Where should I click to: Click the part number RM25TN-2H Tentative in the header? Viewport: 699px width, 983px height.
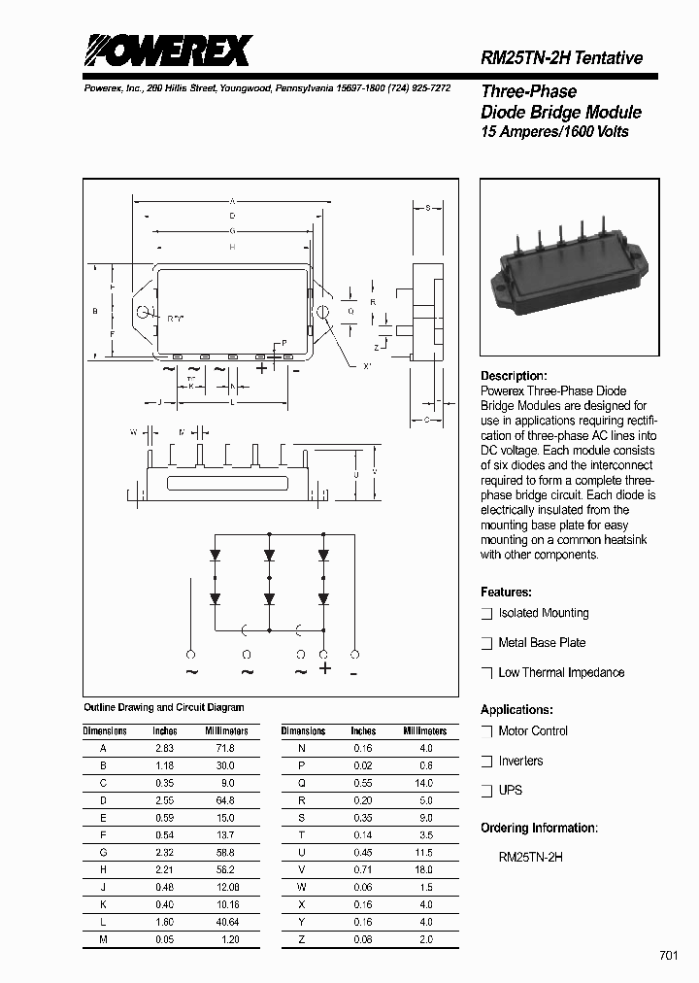click(561, 58)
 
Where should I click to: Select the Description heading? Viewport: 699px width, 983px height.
click(514, 376)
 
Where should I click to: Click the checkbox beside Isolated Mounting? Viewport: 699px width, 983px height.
click(487, 614)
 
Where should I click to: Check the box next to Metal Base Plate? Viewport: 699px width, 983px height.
click(487, 643)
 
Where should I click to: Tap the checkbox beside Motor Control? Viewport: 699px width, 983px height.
click(487, 731)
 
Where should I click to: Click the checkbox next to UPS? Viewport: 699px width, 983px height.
click(487, 791)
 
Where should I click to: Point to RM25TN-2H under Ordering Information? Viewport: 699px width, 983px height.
click(530, 858)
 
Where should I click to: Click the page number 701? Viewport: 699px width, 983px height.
click(669, 956)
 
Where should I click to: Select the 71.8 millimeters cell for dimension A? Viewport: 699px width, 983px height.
click(225, 749)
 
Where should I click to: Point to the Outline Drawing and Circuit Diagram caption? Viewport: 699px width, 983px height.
click(164, 708)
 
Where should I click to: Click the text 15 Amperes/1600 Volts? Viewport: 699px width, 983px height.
click(554, 132)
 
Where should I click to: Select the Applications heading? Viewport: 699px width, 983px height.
click(516, 710)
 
